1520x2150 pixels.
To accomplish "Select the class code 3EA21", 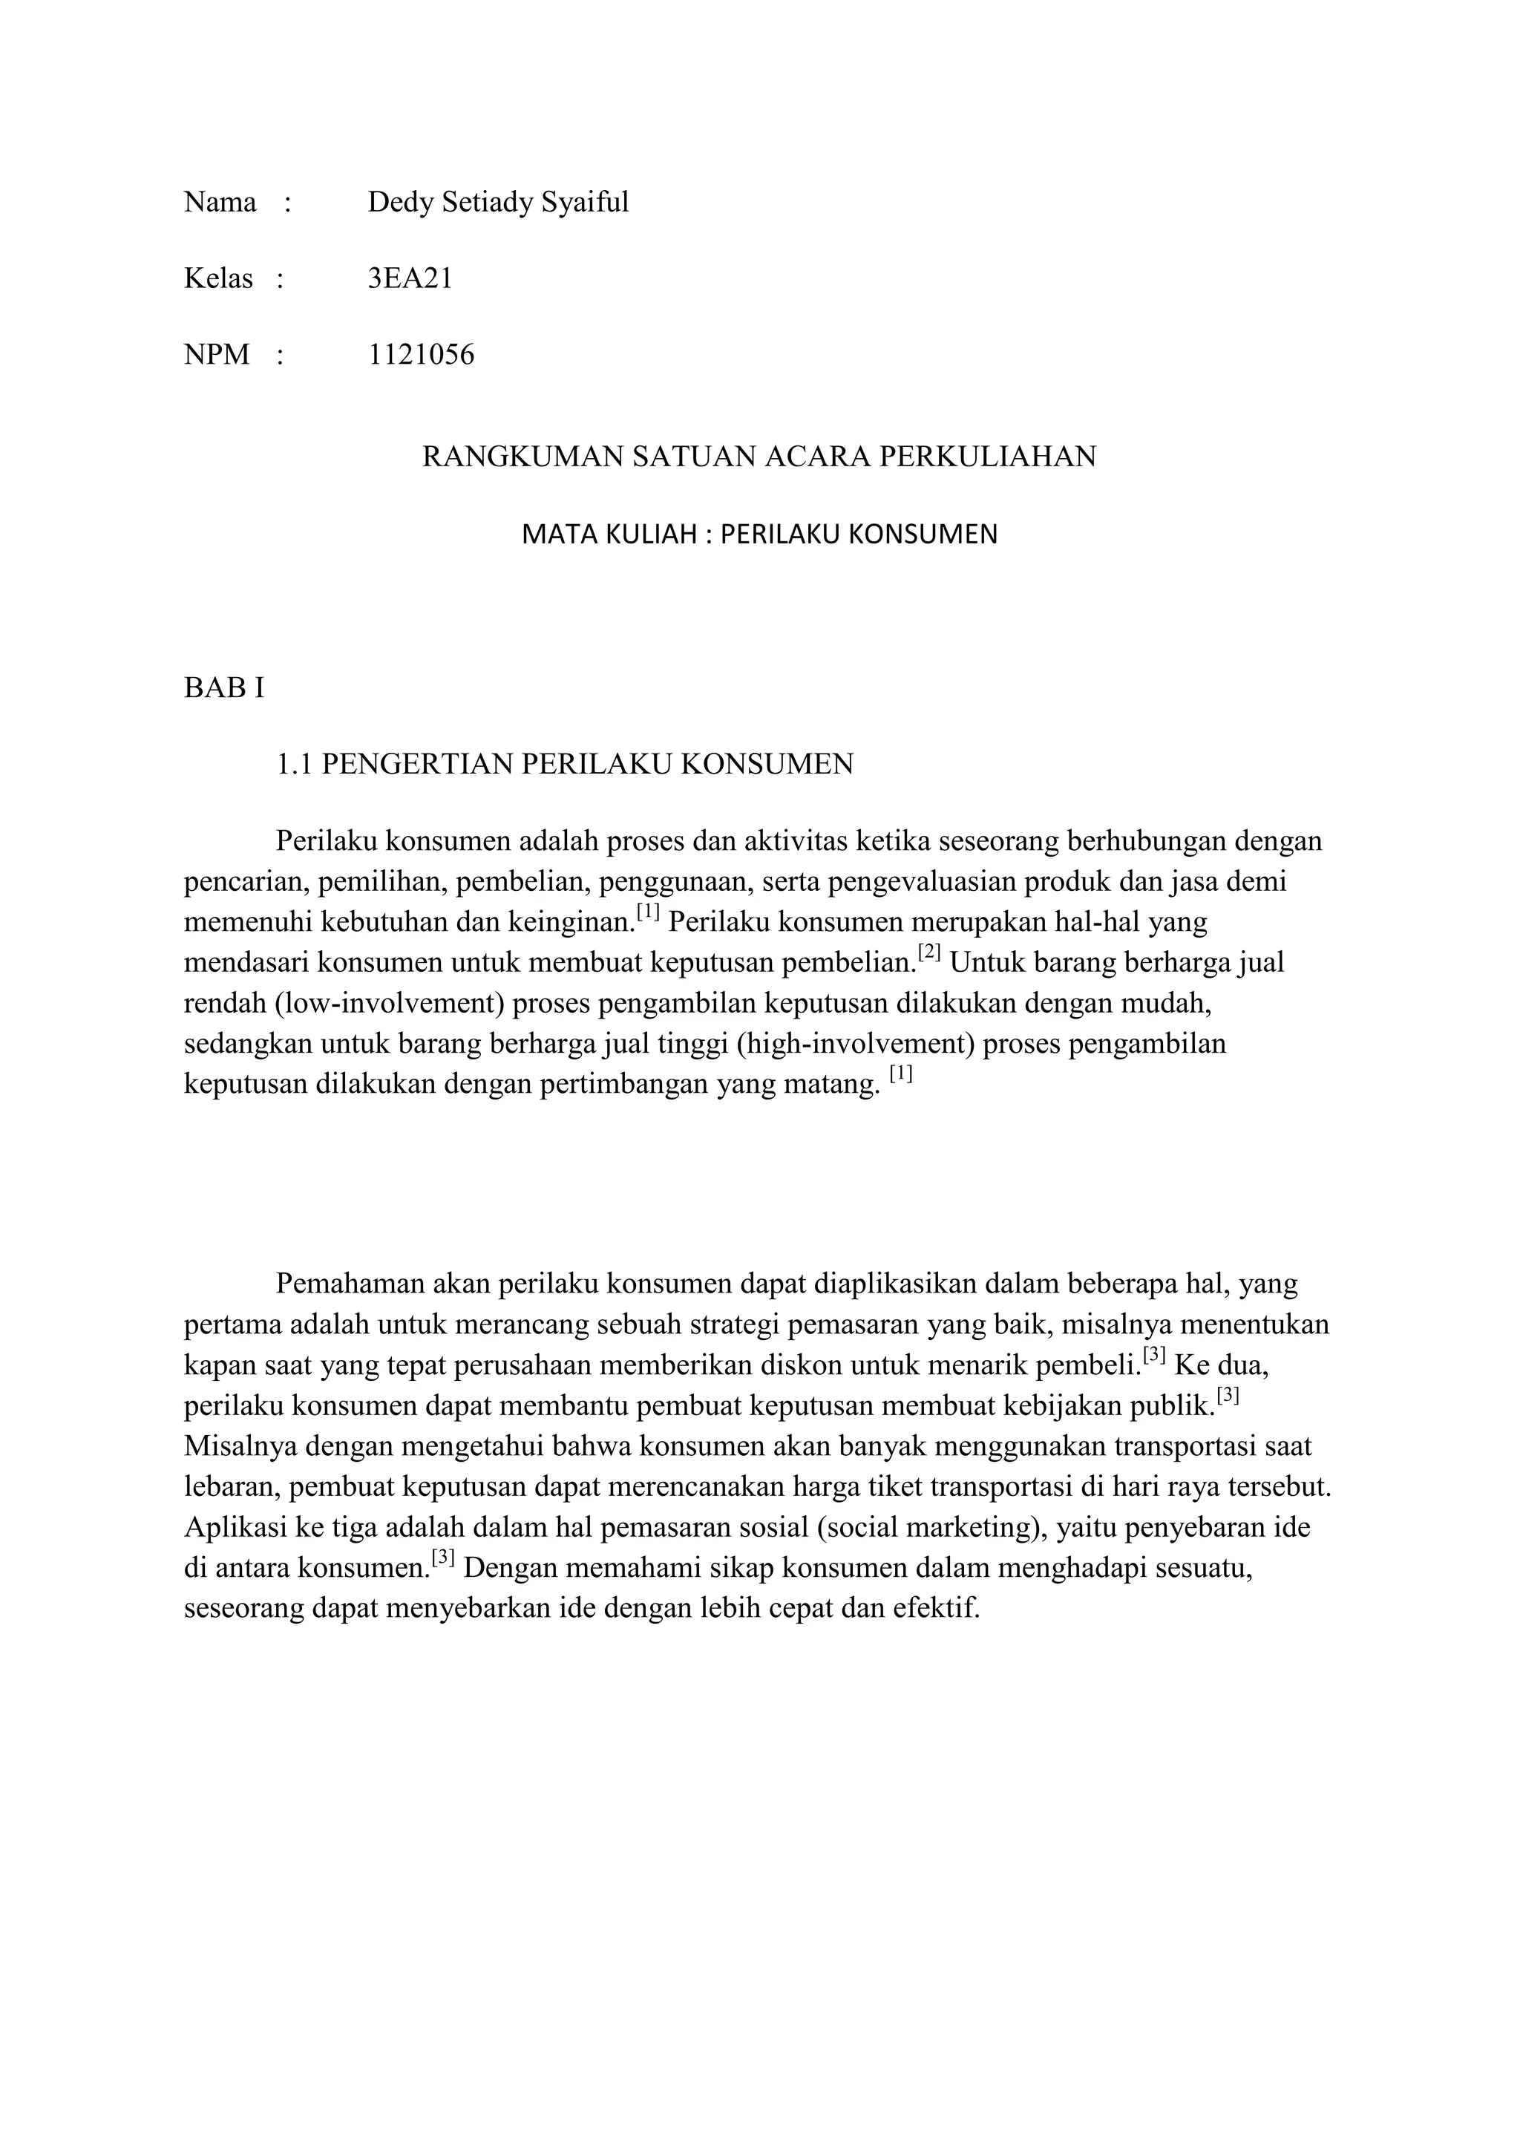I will tap(410, 279).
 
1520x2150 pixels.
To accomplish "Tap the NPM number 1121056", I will tap(421, 355).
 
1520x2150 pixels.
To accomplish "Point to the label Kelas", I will tap(218, 279).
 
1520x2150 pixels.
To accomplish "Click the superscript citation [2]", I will tap(928, 953).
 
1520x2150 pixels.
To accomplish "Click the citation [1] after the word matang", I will tap(900, 1074).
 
